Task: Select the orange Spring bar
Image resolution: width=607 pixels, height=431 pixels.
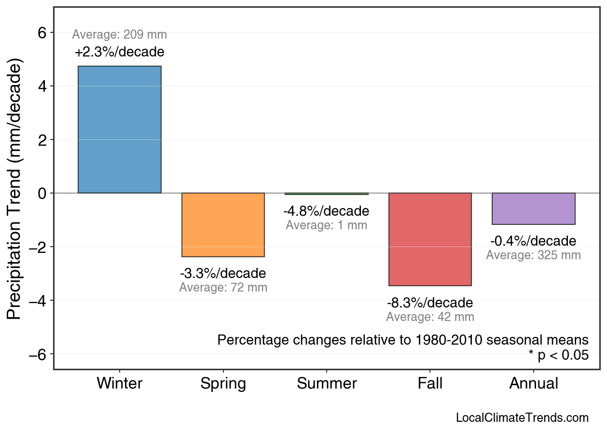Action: [x=223, y=225]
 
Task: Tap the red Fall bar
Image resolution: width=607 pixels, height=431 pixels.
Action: [x=430, y=239]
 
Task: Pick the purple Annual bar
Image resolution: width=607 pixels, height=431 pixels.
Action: [x=533, y=209]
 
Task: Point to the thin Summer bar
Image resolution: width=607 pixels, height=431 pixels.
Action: [x=327, y=194]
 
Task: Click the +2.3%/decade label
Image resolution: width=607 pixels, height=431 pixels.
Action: [x=120, y=52]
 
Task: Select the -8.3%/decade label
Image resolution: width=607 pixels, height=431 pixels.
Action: [x=430, y=303]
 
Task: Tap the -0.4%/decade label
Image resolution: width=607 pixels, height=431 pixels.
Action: [x=533, y=241]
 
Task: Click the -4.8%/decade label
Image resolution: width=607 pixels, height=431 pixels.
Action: [x=327, y=211]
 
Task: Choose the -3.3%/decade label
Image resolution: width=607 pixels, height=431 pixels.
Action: [x=223, y=274]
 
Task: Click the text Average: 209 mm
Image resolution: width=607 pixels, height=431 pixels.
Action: [x=120, y=35]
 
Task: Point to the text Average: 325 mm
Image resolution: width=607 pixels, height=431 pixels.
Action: [x=533, y=255]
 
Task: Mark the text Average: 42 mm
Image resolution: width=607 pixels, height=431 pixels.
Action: [x=430, y=317]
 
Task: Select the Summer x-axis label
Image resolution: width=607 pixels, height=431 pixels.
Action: [x=327, y=384]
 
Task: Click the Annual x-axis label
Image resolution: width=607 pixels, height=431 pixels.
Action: [x=533, y=384]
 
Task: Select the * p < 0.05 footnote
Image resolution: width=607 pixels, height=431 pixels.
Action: [x=558, y=355]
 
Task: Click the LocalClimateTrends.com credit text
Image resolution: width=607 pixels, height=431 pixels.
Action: [x=522, y=418]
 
